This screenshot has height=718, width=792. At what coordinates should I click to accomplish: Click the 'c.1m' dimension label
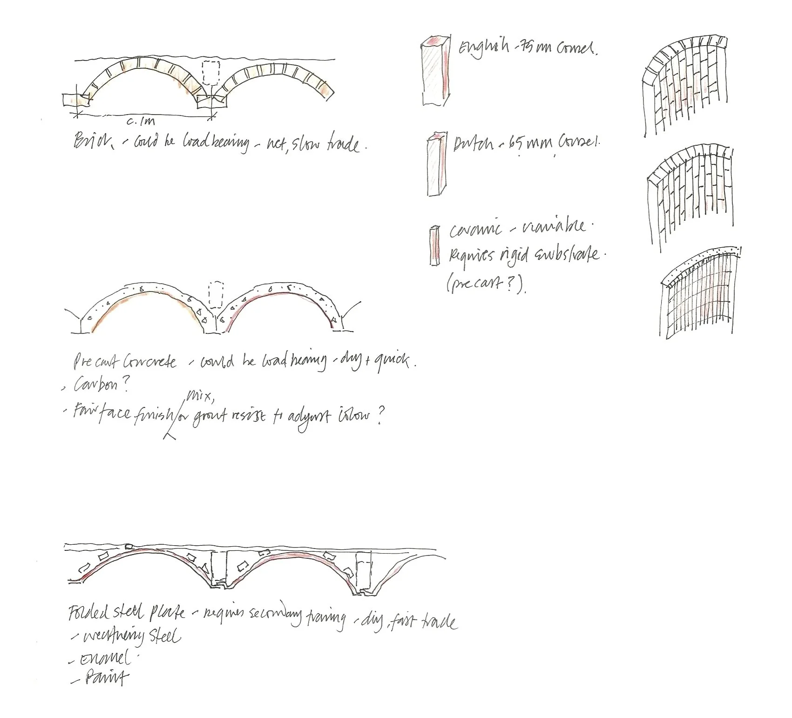pyautogui.click(x=140, y=122)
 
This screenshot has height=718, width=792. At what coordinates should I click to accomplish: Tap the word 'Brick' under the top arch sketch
pyautogui.click(x=92, y=140)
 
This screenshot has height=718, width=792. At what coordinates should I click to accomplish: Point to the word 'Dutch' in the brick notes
pyautogui.click(x=474, y=144)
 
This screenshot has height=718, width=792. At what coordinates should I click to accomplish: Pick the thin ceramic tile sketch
pyautogui.click(x=435, y=245)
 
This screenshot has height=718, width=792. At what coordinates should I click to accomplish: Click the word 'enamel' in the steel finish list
pyautogui.click(x=105, y=658)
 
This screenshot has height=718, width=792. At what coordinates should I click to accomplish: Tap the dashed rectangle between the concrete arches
pyautogui.click(x=216, y=295)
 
